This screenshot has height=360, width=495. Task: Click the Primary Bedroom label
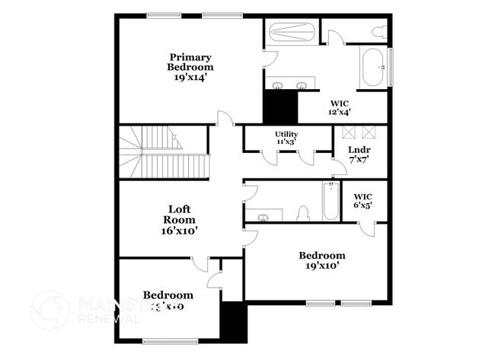190,62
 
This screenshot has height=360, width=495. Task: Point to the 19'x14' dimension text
190,77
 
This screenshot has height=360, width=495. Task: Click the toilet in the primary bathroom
377,32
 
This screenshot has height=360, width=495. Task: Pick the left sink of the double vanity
277,84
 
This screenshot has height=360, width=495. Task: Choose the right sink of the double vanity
302,84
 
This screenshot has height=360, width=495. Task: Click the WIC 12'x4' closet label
340,107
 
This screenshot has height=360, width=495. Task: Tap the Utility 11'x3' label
286,138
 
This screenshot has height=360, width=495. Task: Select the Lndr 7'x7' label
359,155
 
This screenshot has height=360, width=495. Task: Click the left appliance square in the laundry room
351,131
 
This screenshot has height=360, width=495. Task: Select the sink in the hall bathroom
263,216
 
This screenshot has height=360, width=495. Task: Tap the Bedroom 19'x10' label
321,260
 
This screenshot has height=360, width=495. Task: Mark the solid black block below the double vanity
279,106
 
